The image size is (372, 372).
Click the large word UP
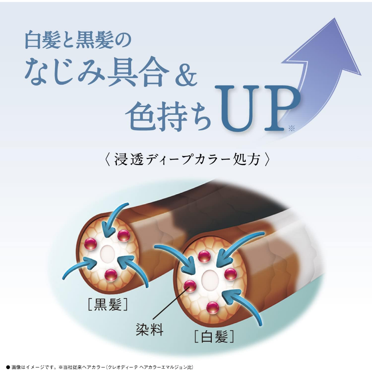(257, 108)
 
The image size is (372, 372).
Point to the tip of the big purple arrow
(335, 18)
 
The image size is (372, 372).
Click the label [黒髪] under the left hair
(108, 304)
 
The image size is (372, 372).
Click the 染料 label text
(149, 329)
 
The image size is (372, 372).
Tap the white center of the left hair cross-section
(108, 253)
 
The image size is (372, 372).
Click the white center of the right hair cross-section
(209, 279)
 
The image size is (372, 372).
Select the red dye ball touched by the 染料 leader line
(190, 286)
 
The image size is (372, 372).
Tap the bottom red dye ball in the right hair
(212, 308)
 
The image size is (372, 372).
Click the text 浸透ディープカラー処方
(187, 159)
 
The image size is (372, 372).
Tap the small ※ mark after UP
(292, 128)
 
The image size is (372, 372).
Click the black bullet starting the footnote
(8, 367)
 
